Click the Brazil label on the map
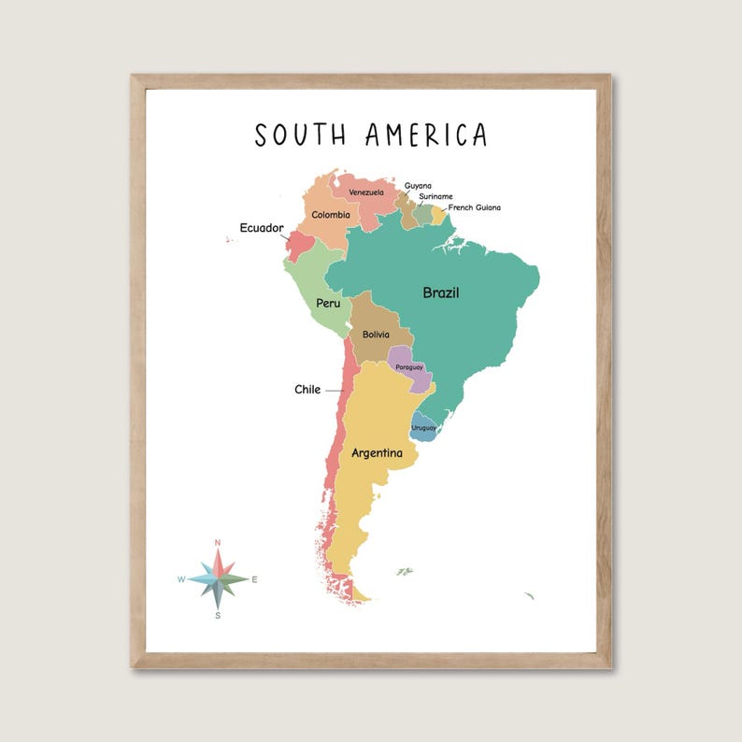point(441,293)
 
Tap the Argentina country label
point(377,453)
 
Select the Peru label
point(328,303)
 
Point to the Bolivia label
point(376,335)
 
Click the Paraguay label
point(409,367)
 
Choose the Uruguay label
point(423,427)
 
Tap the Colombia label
point(331,215)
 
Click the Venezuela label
point(366,193)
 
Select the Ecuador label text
point(262,227)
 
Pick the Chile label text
point(307,390)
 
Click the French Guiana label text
point(474,207)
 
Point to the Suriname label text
point(435,196)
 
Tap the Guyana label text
point(418,185)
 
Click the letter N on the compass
point(218,542)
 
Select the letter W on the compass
point(181,579)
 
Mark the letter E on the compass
point(254,579)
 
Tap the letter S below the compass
point(218,616)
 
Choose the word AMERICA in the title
point(426,135)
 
